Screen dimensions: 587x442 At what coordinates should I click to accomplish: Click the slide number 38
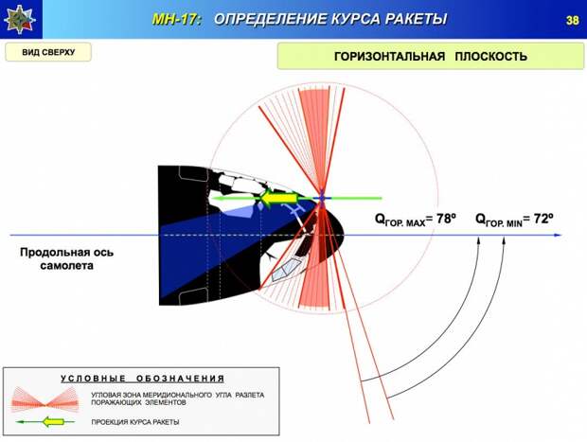pyautogui.click(x=573, y=20)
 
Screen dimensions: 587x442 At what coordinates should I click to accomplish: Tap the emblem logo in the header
pyautogui.click(x=20, y=20)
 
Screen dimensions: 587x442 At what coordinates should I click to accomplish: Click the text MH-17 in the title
pyautogui.click(x=176, y=19)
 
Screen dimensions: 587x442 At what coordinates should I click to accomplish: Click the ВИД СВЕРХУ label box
pyautogui.click(x=48, y=52)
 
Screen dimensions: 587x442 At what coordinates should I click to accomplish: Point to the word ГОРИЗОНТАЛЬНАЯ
pyautogui.click(x=389, y=57)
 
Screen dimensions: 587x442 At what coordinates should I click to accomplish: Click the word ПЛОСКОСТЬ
pyautogui.click(x=491, y=57)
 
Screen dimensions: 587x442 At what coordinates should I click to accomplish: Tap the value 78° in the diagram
pyautogui.click(x=446, y=219)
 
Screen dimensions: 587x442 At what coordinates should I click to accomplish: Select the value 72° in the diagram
pyautogui.click(x=543, y=219)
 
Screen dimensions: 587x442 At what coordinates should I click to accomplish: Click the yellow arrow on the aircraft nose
pyautogui.click(x=279, y=198)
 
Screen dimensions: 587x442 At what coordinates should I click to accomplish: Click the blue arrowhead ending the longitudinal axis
pyautogui.click(x=558, y=235)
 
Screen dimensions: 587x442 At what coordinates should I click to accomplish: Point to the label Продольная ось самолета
pyautogui.click(x=66, y=258)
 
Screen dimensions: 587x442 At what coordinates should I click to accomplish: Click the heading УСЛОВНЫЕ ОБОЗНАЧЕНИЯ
pyautogui.click(x=143, y=379)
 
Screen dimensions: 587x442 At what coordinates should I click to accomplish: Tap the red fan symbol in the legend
pyautogui.click(x=44, y=399)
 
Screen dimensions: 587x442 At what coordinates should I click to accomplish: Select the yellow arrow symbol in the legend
pyautogui.click(x=52, y=422)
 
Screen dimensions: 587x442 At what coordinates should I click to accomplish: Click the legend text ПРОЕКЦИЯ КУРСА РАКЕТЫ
pyautogui.click(x=135, y=422)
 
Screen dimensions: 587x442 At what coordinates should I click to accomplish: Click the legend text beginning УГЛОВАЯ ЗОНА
pyautogui.click(x=177, y=399)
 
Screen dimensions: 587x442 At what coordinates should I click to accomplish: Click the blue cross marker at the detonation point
pyautogui.click(x=322, y=199)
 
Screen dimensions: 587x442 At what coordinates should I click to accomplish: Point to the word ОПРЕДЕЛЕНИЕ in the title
pyautogui.click(x=267, y=19)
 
